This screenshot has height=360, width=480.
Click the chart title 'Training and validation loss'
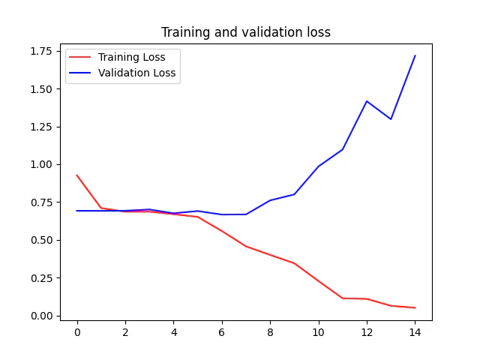(245, 32)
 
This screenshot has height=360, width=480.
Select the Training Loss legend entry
(131, 57)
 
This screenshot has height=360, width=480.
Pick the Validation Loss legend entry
(136, 73)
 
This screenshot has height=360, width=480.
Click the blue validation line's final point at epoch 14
(415, 55)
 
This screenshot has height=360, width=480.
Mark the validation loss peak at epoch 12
(367, 101)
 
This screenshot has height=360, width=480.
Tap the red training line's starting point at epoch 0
(76, 175)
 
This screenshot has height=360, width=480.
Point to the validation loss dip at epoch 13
(391, 119)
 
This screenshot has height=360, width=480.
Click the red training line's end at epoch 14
(415, 307)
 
